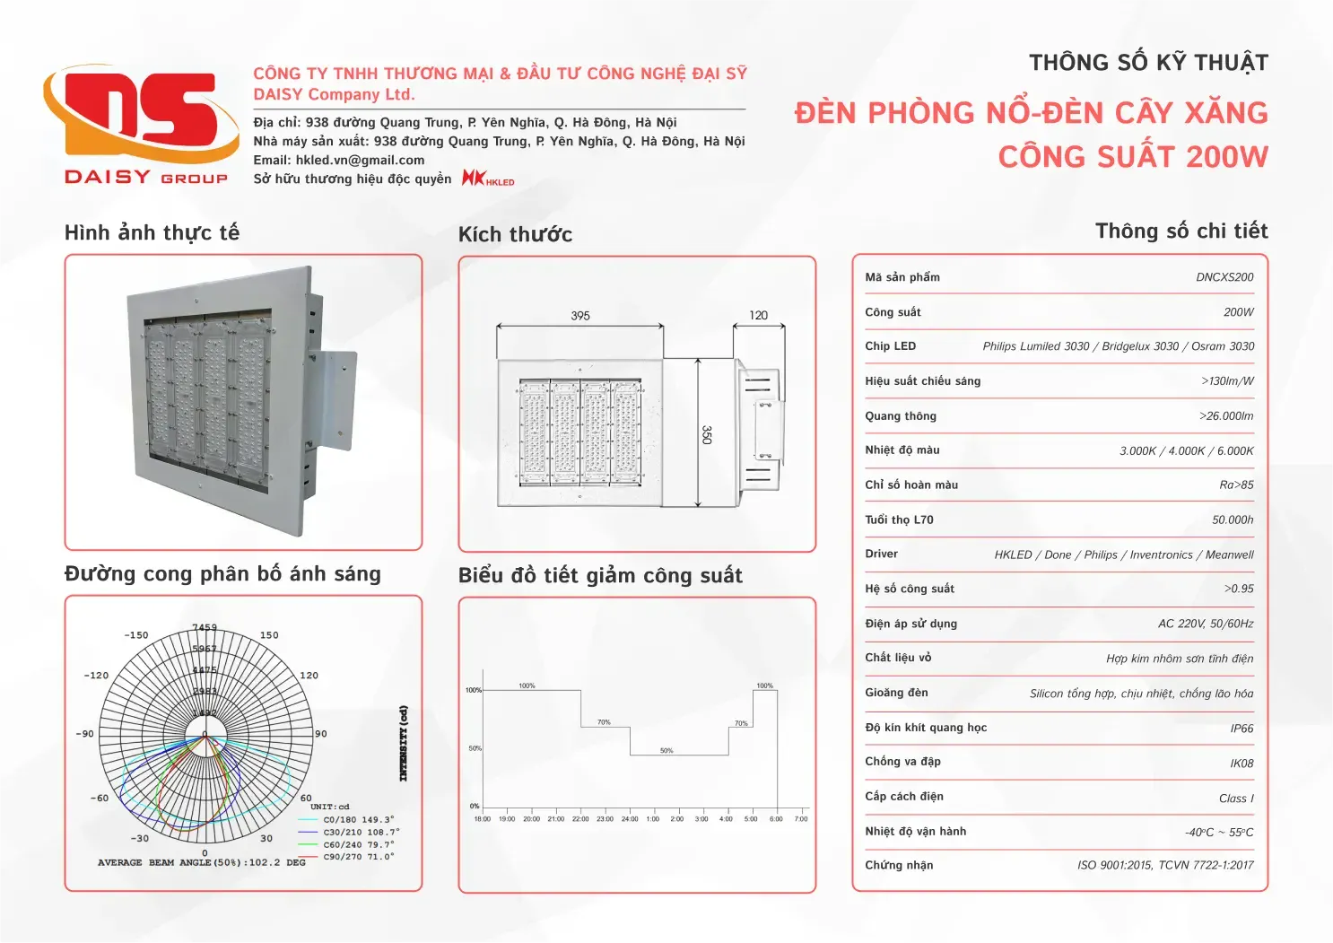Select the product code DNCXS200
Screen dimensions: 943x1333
(1224, 277)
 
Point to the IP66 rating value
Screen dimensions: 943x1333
(1242, 729)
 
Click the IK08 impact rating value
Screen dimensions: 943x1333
(1242, 764)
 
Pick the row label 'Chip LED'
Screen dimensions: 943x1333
(890, 346)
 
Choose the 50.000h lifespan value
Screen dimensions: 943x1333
(1233, 520)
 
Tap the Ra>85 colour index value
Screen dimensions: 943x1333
(1236, 485)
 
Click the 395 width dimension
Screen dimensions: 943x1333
(580, 316)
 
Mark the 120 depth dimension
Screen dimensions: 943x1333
(758, 316)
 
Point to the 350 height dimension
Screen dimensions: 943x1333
(706, 434)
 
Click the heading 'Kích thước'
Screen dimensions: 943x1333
(515, 235)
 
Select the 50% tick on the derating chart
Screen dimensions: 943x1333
(475, 748)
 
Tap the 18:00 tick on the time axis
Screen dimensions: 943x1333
(482, 819)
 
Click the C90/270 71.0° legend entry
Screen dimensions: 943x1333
(358, 857)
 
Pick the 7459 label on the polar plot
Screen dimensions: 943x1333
(205, 628)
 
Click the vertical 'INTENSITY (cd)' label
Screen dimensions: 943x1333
(404, 743)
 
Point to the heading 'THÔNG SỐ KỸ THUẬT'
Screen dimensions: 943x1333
(1148, 63)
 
